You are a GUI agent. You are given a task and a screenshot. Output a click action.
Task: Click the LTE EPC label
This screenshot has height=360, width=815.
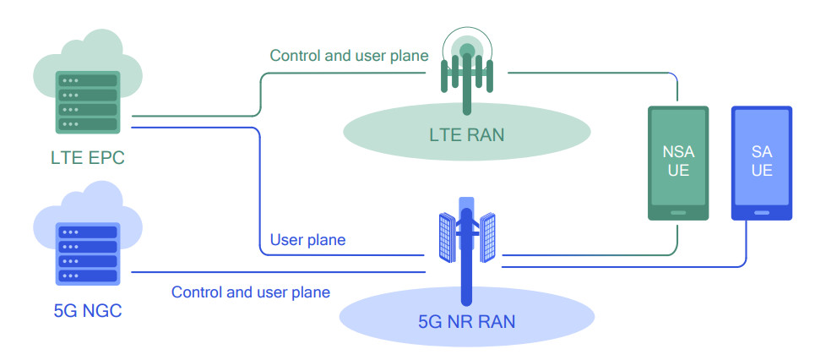[x=88, y=157]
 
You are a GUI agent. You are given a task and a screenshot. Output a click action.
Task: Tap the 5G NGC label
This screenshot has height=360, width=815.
[x=86, y=310]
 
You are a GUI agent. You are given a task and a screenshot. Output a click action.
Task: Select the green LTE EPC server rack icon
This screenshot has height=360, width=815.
[x=86, y=101]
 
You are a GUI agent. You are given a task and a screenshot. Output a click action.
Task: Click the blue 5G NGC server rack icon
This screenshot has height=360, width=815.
[x=86, y=254]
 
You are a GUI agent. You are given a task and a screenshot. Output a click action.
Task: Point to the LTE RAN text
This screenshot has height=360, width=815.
[x=466, y=134]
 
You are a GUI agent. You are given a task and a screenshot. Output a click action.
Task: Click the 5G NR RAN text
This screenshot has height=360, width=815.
[x=466, y=322]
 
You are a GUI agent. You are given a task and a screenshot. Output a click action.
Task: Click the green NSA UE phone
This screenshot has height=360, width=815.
[x=679, y=162]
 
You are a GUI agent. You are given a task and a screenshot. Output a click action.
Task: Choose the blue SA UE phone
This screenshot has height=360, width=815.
[x=762, y=162]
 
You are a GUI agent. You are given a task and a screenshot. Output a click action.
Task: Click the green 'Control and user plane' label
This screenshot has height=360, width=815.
[x=349, y=56]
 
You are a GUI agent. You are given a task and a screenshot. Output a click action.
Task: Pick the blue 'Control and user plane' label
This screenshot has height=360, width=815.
[x=251, y=292]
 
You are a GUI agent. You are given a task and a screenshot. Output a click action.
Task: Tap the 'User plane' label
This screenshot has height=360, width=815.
[x=307, y=240]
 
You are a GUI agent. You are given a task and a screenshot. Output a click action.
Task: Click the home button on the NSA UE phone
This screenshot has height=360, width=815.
[x=679, y=213]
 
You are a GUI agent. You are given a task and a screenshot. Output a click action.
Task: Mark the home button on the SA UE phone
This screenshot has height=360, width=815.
[x=762, y=212]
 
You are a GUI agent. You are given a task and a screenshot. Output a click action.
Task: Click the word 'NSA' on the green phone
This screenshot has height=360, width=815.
[x=679, y=152]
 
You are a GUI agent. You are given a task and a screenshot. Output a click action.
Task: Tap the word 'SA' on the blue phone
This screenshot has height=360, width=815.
[x=762, y=151]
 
